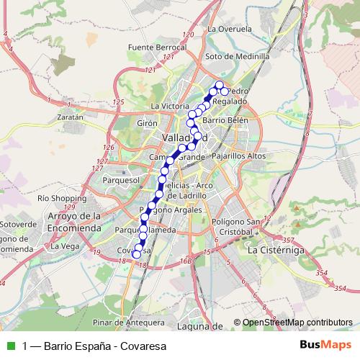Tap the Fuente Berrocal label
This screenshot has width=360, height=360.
[x=156, y=47]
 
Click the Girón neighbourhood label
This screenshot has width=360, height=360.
[x=147, y=123]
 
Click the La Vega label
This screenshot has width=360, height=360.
[x=64, y=246]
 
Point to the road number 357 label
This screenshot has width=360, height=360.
[x=288, y=240]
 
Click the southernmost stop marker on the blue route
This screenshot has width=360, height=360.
[x=137, y=253]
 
